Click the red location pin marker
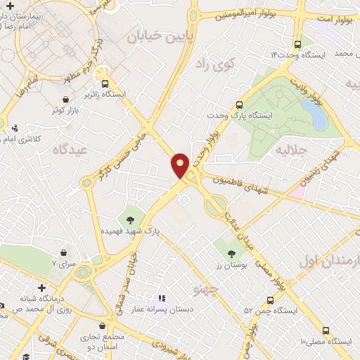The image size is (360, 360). [180, 165]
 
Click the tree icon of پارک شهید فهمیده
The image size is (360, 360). [130, 214]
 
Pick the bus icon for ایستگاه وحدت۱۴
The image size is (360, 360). [299, 42]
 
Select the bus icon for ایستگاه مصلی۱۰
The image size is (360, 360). [325, 330]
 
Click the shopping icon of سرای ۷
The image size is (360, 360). [65, 252]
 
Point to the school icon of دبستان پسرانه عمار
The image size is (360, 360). [160, 298]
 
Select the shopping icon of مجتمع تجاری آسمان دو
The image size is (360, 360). [104, 327]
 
